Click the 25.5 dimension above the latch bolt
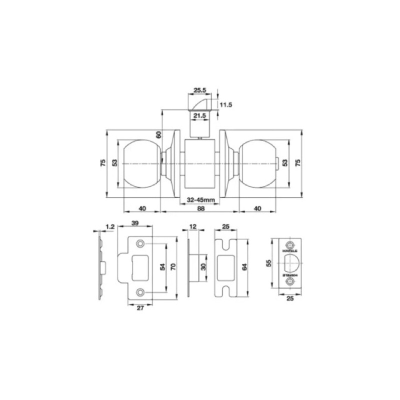[200, 90]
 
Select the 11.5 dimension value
[226, 105]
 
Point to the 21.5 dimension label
[200, 116]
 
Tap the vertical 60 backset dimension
[158, 134]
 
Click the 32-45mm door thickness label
[200, 200]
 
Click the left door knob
[142, 163]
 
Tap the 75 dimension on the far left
[103, 163]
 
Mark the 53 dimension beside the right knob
[285, 163]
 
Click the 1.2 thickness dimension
[111, 227]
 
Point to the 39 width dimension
[134, 223]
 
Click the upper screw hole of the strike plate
[140, 243]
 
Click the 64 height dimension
[244, 267]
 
